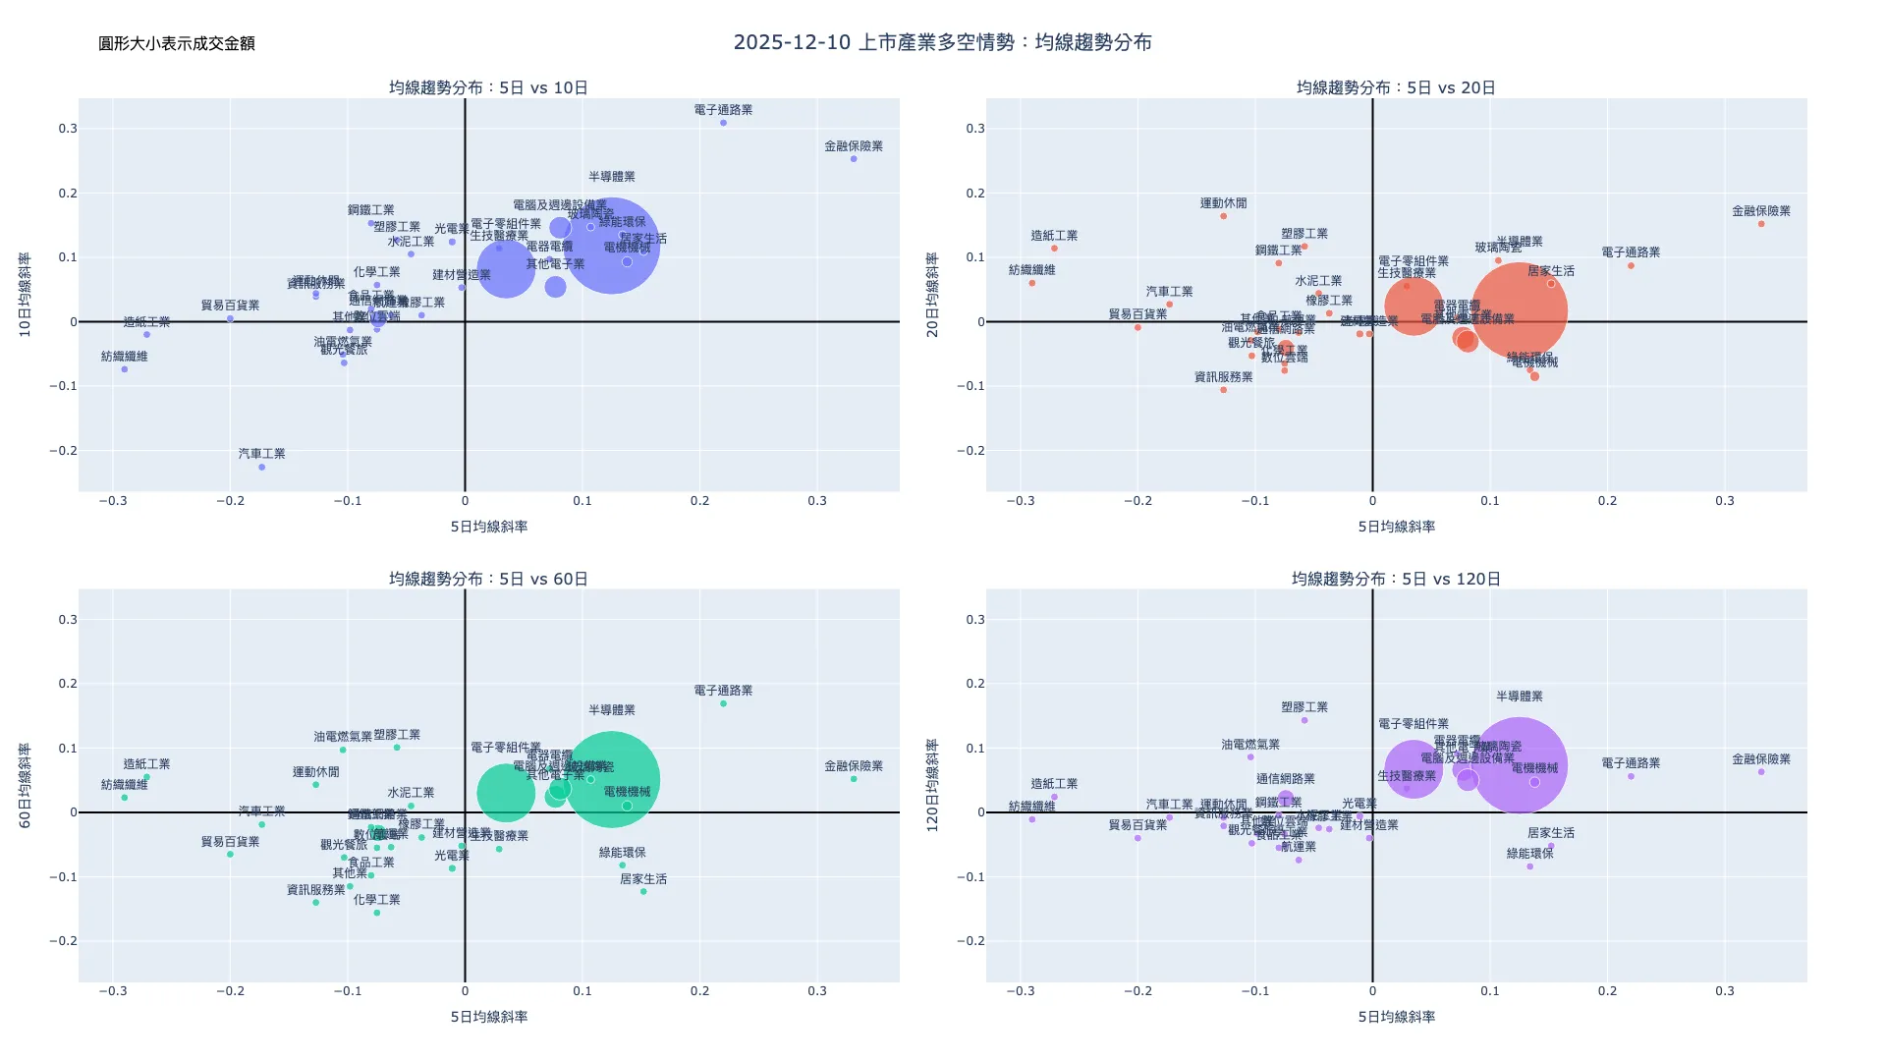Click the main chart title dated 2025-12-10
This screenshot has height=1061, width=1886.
pyautogui.click(x=942, y=42)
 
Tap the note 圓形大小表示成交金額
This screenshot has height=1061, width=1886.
pyautogui.click(x=177, y=43)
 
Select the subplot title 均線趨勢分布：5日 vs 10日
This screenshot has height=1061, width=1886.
pyautogui.click(x=488, y=87)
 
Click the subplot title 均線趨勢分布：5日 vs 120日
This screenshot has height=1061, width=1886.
pyautogui.click(x=1396, y=579)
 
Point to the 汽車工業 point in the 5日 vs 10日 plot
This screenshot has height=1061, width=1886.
pyautogui.click(x=262, y=467)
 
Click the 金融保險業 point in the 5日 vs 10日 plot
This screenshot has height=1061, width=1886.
pyautogui.click(x=854, y=159)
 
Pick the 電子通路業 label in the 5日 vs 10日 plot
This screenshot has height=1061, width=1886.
pyautogui.click(x=723, y=110)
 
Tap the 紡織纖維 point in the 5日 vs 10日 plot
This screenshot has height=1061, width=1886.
pyautogui.click(x=125, y=369)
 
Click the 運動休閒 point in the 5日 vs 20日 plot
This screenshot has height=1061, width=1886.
pyautogui.click(x=1223, y=216)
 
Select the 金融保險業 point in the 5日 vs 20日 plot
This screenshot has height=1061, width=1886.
pyautogui.click(x=1761, y=224)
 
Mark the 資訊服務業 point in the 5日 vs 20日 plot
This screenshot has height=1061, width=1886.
pyautogui.click(x=1223, y=390)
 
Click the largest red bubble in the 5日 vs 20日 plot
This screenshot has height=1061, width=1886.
pyautogui.click(x=1519, y=311)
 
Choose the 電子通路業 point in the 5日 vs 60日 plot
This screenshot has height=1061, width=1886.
pyautogui.click(x=723, y=703)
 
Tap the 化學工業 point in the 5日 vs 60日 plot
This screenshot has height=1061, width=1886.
pyautogui.click(x=376, y=913)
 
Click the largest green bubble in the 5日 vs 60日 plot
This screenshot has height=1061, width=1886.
pyautogui.click(x=611, y=779)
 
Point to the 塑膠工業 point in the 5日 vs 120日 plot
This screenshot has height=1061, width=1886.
pyautogui.click(x=1304, y=720)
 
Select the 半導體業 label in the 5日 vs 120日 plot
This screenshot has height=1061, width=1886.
pyautogui.click(x=1519, y=697)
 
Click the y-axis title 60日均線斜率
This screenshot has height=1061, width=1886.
pyautogui.click(x=26, y=785)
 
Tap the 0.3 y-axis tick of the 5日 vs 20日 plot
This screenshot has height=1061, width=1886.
pyautogui.click(x=974, y=129)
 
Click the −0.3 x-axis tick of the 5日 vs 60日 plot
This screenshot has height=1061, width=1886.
pyautogui.click(x=113, y=991)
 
